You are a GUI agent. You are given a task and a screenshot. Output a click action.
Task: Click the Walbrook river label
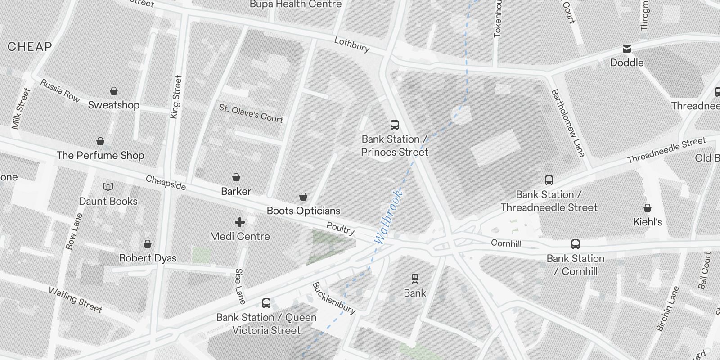[x=387, y=217]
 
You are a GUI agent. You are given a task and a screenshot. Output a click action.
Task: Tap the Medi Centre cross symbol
[x=240, y=222]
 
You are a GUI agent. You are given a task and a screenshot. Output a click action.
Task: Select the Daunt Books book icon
[x=108, y=187]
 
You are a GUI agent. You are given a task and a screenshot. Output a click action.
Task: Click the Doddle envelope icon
[x=627, y=49]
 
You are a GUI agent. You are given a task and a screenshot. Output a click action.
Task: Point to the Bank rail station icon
[x=414, y=279]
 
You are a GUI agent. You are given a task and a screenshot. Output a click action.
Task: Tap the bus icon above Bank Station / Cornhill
[x=575, y=244]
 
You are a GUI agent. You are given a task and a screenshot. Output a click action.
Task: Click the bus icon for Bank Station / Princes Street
[x=395, y=125]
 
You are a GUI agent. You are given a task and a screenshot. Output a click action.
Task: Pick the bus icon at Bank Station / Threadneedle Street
[x=549, y=180]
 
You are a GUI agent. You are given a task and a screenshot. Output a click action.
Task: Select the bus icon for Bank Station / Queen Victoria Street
[x=266, y=303]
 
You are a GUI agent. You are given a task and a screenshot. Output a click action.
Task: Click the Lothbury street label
[x=351, y=45]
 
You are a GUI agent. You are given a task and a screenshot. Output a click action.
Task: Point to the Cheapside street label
[x=166, y=182]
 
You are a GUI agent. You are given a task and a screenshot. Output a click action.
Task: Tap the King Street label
[x=176, y=97]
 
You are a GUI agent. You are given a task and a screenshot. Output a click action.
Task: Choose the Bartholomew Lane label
[x=568, y=123]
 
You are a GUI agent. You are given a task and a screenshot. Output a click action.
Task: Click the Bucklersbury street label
[x=334, y=298]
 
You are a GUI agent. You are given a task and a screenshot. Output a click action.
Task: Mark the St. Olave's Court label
[x=251, y=113]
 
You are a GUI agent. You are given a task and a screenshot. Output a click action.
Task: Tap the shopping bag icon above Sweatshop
[x=114, y=91]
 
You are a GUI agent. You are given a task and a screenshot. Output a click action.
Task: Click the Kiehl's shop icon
[x=648, y=208]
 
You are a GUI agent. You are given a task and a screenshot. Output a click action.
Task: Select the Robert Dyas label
[x=148, y=258]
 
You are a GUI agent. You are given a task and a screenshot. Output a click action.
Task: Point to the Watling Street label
[x=76, y=300]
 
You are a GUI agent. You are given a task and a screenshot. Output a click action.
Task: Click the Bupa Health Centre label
[x=296, y=4]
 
